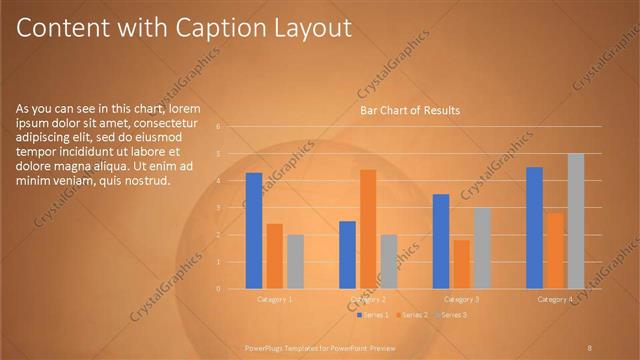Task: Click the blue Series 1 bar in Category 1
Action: pos(254,230)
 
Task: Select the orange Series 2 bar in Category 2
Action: pos(368,228)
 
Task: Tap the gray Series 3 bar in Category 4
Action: pos(575,220)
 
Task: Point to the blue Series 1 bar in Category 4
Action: pos(534,227)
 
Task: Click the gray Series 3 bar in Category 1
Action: pos(295,261)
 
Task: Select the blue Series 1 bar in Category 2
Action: pos(347,254)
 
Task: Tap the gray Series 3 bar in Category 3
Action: pos(482,248)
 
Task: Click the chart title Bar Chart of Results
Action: pos(409,110)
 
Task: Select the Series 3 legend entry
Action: pos(450,315)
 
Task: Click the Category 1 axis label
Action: pos(275,299)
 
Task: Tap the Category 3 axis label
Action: pos(461,299)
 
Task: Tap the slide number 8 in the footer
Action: pos(590,347)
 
